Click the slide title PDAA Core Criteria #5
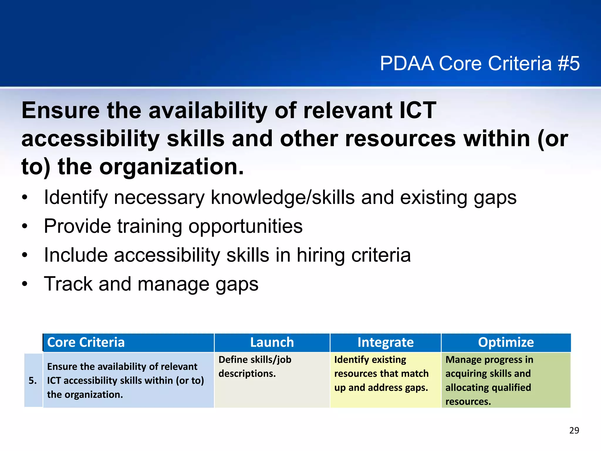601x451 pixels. [x=480, y=63]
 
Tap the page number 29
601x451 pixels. [x=574, y=430]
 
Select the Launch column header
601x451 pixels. [x=272, y=342]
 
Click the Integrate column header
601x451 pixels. [x=385, y=342]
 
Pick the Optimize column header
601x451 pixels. [x=506, y=342]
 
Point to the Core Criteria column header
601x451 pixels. [x=86, y=342]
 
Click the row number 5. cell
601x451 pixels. [x=33, y=381]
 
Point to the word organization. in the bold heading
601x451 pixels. [x=171, y=167]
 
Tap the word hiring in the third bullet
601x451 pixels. [x=321, y=255]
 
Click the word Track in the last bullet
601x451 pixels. [x=68, y=284]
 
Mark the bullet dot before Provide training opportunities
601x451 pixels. [x=25, y=227]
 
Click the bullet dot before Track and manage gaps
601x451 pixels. [x=25, y=285]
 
